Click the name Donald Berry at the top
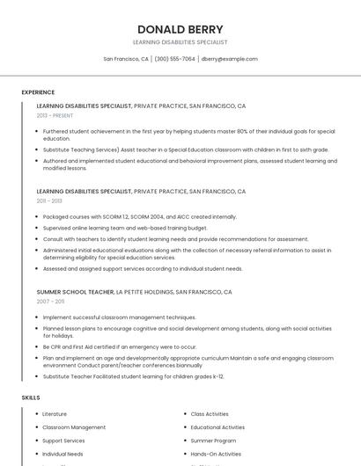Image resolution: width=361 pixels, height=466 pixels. point(180,29)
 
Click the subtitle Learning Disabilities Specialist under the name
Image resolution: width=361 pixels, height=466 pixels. point(180,42)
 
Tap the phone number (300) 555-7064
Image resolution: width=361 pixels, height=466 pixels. point(174,59)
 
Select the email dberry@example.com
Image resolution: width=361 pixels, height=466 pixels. point(229,59)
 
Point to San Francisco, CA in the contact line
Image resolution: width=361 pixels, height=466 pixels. point(126,59)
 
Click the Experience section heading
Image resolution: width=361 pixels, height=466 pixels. point(38,92)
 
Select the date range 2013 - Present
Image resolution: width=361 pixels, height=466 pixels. point(55,115)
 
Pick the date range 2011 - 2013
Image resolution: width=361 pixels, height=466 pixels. point(49,200)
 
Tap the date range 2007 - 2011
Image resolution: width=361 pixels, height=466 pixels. point(50,301)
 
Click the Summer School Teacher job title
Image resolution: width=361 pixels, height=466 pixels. point(75,291)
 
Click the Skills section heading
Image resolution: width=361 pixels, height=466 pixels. point(31,397)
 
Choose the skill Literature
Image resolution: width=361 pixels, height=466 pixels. point(55,413)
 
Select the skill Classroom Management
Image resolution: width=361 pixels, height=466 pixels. point(74,427)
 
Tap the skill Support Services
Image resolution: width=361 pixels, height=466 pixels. point(63,441)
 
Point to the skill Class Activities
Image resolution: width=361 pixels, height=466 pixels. point(210,413)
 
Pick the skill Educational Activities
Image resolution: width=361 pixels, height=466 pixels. point(217,427)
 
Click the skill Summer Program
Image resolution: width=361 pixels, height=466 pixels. point(213,441)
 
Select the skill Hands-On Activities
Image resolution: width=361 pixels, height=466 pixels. point(216,454)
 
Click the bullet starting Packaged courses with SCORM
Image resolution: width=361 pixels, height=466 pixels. point(139,216)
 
